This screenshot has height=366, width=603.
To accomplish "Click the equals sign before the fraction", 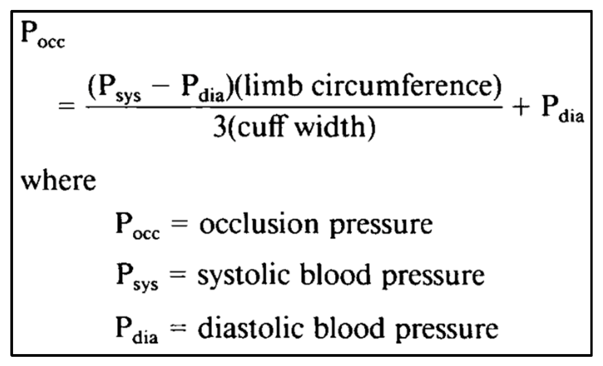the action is click(x=67, y=106).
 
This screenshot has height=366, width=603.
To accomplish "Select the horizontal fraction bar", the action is click(x=294, y=107).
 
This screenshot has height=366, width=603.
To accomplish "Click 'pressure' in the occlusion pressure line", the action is click(x=381, y=226).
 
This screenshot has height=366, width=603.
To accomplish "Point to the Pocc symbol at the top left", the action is click(x=43, y=35).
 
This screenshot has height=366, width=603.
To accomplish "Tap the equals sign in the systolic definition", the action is click(x=177, y=276).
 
